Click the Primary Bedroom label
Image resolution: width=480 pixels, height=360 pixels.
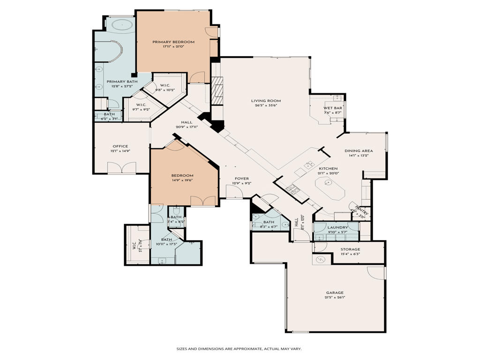pos(173,42)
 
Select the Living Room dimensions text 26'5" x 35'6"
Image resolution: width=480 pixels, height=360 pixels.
pos(266,105)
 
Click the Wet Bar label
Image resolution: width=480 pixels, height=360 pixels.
pos(333,108)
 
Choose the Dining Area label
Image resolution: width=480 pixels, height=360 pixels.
pos(359,150)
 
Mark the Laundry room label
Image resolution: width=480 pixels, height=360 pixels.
pos(337,227)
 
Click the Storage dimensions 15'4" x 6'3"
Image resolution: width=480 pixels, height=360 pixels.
pos(350,254)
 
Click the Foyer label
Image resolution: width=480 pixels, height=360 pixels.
pos(242,179)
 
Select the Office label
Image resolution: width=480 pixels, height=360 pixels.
pos(120,146)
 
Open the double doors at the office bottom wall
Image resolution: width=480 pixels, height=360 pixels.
pos(121,168)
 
